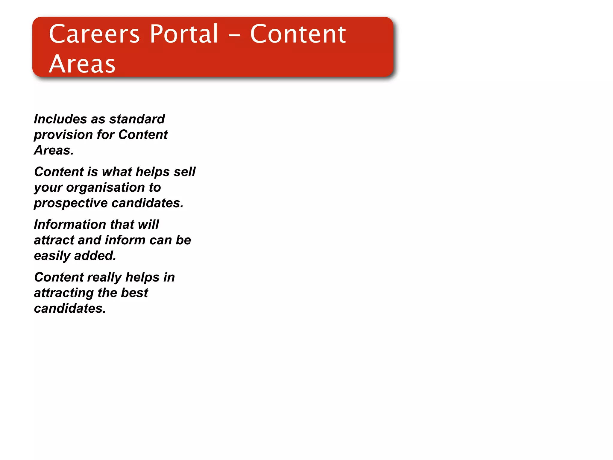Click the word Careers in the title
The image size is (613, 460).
pos(94,34)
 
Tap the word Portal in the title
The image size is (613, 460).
pos(184,34)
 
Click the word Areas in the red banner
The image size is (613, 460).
pos(82,64)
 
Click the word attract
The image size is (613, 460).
pos(54,240)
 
